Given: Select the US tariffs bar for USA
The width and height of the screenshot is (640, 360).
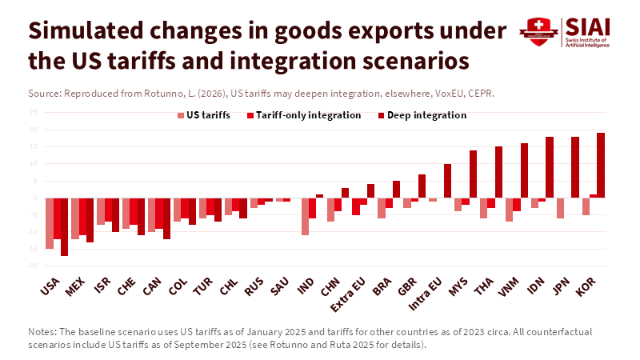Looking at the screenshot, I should (x=50, y=223).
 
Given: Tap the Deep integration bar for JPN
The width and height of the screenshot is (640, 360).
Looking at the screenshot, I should (x=575, y=167).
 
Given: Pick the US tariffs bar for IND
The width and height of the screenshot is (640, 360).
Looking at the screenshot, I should (x=306, y=216).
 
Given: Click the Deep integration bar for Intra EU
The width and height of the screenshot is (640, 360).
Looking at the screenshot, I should (x=447, y=181).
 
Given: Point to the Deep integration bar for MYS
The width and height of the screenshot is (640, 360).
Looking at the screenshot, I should (x=473, y=174).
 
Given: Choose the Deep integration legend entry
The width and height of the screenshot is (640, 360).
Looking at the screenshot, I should (x=426, y=115).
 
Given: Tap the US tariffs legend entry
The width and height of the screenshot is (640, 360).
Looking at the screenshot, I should (x=208, y=115).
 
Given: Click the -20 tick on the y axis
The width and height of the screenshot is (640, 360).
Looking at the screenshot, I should (x=33, y=266).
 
